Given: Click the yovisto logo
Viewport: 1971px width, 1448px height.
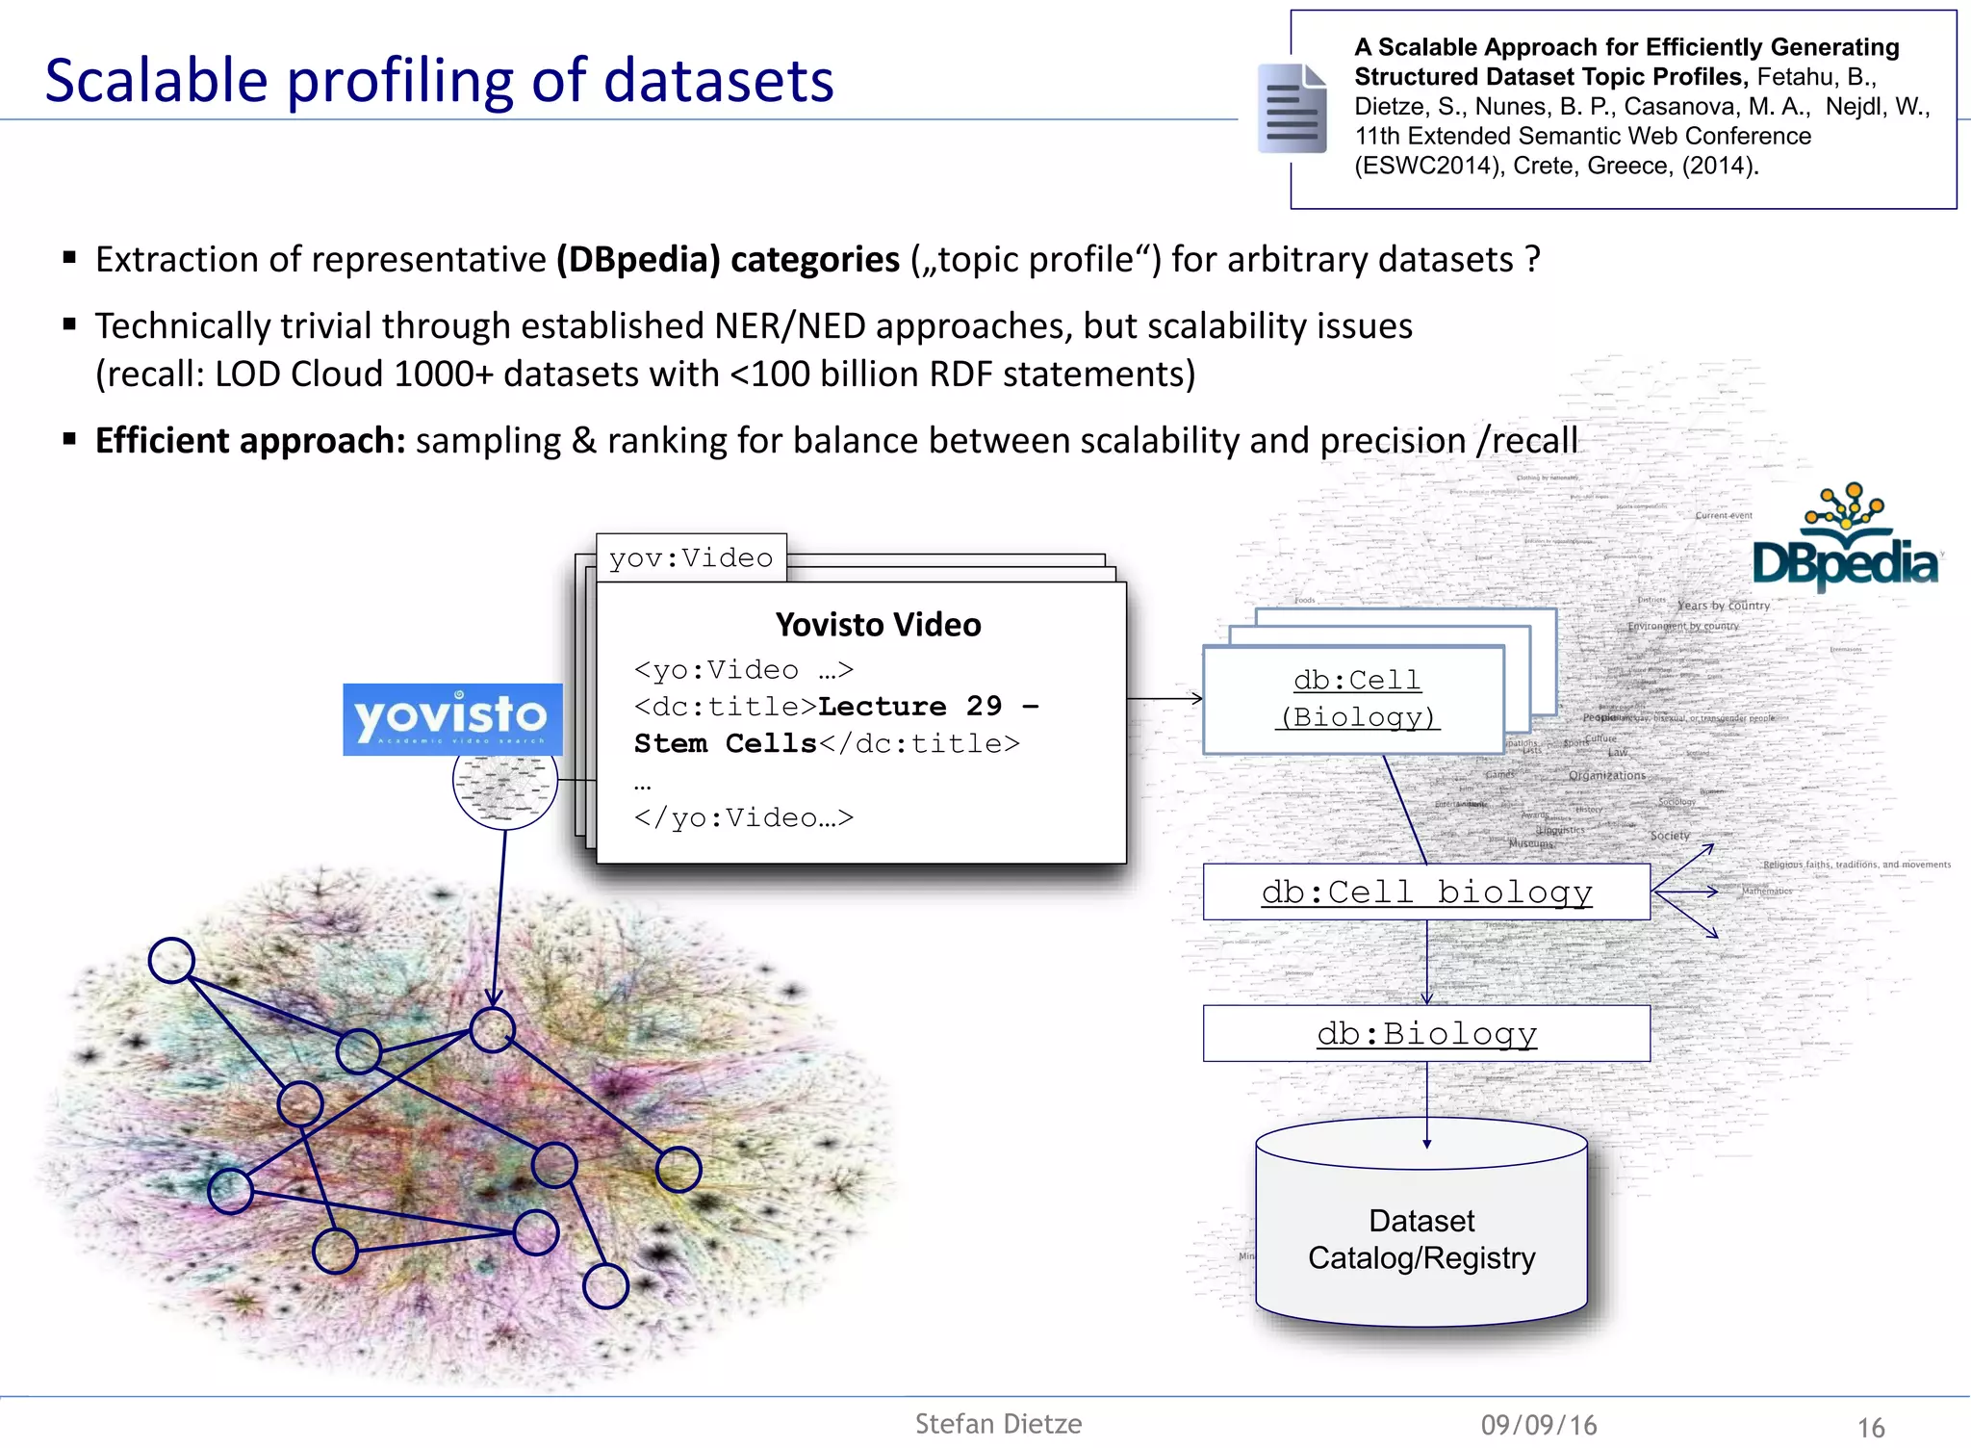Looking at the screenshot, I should [452, 718].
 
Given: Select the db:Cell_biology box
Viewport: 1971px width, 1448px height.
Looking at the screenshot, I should [1426, 892].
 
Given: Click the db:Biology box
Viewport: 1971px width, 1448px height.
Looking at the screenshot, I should [1426, 1033].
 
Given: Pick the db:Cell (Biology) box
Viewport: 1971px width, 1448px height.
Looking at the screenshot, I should [1355, 699].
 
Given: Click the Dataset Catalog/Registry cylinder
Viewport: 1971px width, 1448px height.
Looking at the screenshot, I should [1421, 1239].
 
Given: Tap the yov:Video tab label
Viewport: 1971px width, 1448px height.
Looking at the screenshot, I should [691, 558].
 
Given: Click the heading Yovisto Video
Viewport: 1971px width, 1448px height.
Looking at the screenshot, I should [878, 625].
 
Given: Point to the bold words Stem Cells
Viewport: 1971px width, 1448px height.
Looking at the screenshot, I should [725, 743].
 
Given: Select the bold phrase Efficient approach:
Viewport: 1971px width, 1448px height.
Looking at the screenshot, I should [250, 441].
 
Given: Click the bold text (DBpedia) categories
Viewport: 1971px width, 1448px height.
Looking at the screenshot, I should [728, 260].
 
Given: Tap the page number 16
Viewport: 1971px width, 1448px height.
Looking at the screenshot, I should [1870, 1427].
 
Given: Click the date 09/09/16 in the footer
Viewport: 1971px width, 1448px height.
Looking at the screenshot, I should [1538, 1425].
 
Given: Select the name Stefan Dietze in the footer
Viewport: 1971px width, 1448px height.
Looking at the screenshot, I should [998, 1424].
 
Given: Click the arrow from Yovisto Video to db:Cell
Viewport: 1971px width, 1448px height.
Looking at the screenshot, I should [1165, 699].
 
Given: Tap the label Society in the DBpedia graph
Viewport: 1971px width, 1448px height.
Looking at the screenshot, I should [1670, 836].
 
